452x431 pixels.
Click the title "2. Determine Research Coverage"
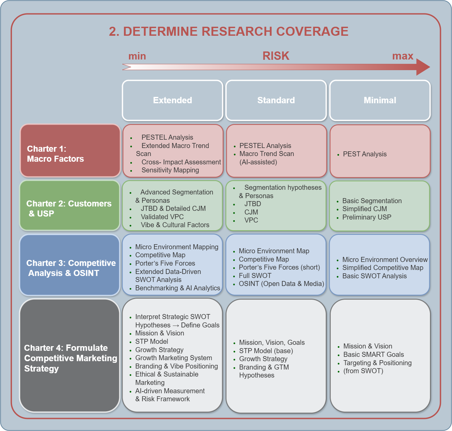tap(229, 31)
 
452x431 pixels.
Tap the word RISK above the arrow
tap(276, 56)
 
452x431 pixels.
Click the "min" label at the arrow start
tap(137, 56)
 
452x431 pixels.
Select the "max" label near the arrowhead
tap(403, 56)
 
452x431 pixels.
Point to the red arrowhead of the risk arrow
tap(422, 67)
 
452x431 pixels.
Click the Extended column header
tap(172, 100)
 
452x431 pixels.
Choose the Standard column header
tap(276, 100)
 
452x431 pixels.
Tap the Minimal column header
tap(380, 100)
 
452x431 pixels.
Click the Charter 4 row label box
tap(69, 355)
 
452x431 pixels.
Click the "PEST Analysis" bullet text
tap(364, 154)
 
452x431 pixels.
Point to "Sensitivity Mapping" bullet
tap(170, 170)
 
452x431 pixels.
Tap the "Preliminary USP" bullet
tap(366, 217)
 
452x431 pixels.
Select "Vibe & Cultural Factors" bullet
tap(175, 225)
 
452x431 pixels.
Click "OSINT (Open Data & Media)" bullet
tap(281, 284)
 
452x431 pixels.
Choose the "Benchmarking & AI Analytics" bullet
tap(177, 288)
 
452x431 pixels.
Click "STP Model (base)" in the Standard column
tap(266, 351)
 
